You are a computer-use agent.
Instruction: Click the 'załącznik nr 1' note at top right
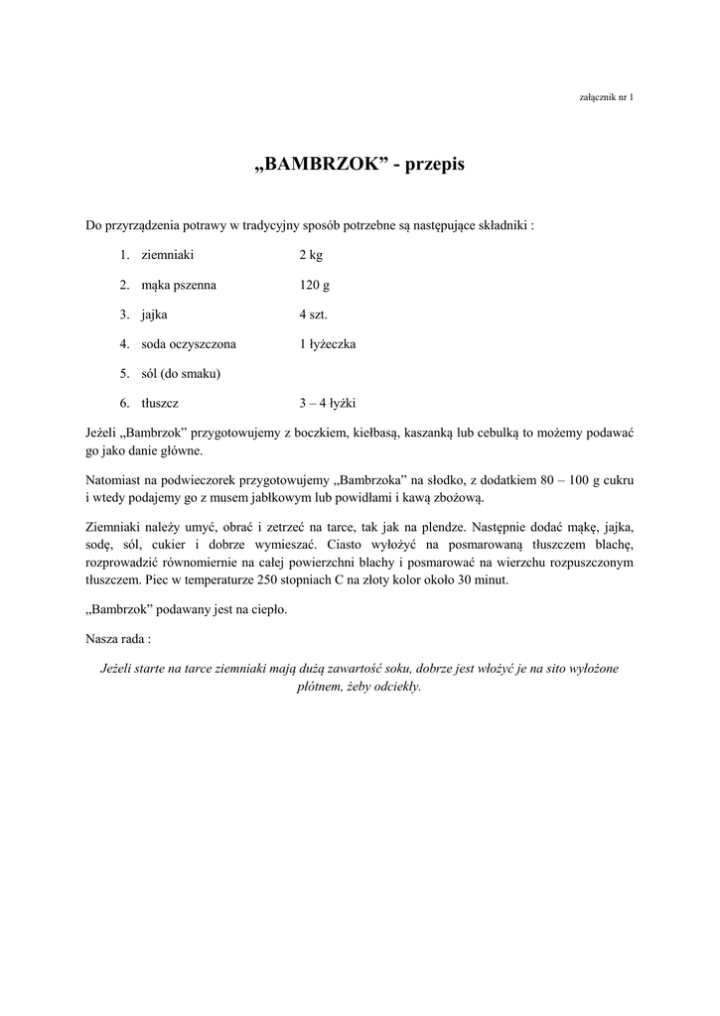(605, 96)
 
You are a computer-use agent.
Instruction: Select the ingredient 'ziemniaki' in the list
(167, 255)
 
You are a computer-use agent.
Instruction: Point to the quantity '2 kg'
(311, 255)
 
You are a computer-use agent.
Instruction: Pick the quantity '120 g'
(314, 285)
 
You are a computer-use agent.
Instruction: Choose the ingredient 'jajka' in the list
(155, 315)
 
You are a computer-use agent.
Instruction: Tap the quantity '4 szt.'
(314, 315)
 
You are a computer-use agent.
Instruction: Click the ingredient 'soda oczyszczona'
(189, 344)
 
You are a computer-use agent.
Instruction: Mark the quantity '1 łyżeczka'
(328, 344)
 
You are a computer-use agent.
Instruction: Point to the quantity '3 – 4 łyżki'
(328, 404)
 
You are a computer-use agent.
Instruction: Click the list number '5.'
(125, 374)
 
